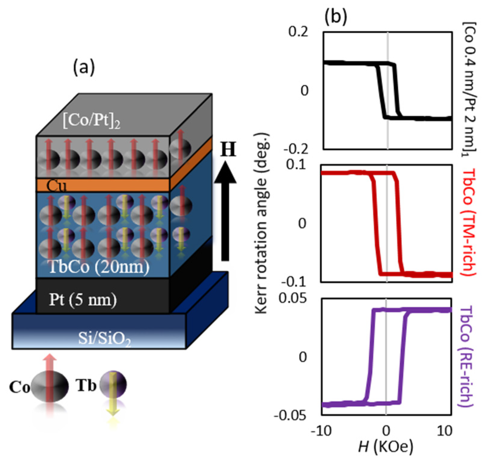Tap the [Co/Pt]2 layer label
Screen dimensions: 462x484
pyautogui.click(x=92, y=121)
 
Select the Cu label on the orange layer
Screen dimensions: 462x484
pyautogui.click(x=56, y=186)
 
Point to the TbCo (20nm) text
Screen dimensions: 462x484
pyautogui.click(x=99, y=266)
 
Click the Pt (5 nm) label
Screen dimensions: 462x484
pyautogui.click(x=83, y=299)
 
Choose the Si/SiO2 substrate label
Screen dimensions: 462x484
pyautogui.click(x=104, y=339)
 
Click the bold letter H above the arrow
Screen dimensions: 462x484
pyautogui.click(x=228, y=149)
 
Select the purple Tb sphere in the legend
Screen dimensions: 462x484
pyautogui.click(x=113, y=384)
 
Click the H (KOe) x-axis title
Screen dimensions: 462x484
pyautogui.click(x=386, y=447)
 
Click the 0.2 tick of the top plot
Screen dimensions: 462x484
pyautogui.click(x=298, y=32)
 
